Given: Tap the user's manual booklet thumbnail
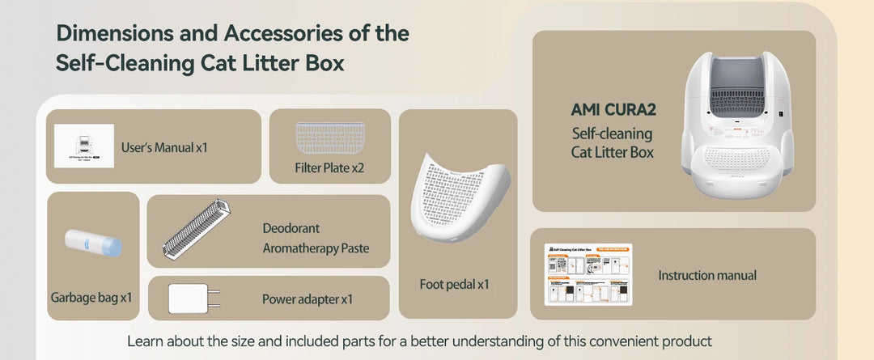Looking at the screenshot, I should (x=84, y=146).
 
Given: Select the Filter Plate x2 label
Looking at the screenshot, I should (x=330, y=169).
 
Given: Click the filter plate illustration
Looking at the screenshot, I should (x=330, y=138).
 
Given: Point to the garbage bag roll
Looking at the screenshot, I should (x=93, y=243).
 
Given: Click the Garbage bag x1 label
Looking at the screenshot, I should (x=91, y=298).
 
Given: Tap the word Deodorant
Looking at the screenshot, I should (x=291, y=228).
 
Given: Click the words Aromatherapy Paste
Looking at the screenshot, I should (x=316, y=248).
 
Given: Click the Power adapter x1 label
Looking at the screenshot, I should (x=308, y=299).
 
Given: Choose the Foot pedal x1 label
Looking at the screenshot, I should (x=455, y=284).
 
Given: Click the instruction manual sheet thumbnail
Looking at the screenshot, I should (x=588, y=274).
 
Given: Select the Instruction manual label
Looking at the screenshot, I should (x=707, y=276).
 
